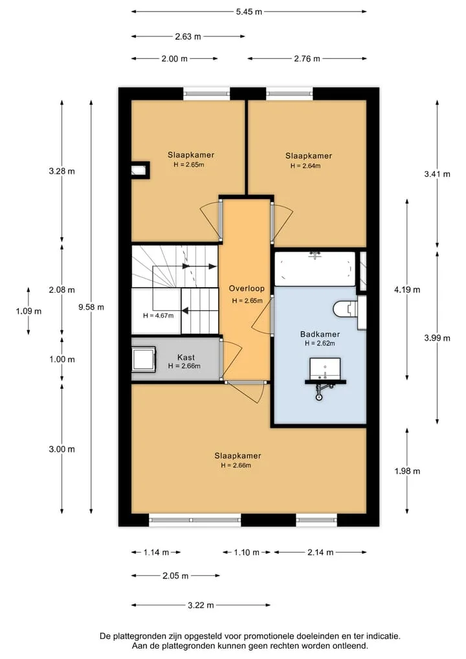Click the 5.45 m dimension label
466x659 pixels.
(249, 12)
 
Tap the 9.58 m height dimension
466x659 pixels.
(91, 307)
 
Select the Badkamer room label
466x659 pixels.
(320, 334)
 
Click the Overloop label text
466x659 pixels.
(247, 288)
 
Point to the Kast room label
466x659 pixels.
(186, 357)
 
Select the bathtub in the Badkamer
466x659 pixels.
(315, 268)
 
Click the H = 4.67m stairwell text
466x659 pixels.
(159, 316)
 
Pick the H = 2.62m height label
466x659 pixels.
(320, 343)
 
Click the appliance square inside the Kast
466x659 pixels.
(144, 360)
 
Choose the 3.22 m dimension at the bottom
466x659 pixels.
(201, 605)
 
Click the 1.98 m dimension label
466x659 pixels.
(407, 471)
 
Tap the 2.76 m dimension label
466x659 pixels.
(307, 59)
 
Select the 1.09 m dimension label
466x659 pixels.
(28, 312)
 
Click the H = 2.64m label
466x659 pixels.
(305, 166)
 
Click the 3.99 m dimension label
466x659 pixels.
(437, 338)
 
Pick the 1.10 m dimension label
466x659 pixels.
(247, 552)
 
